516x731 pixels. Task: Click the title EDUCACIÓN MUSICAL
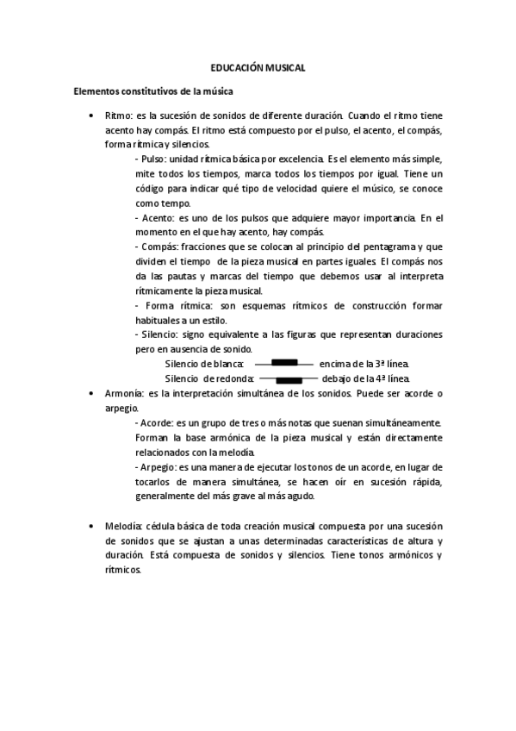pos(258,67)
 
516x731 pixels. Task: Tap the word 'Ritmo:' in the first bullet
pos(119,115)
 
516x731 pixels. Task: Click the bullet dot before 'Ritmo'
pos(91,115)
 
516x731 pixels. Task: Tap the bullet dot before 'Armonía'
pos(91,393)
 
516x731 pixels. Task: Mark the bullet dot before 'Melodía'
pos(91,526)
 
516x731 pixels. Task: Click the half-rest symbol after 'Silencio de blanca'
pos(284,362)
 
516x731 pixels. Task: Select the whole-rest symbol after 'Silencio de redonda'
pos(289,379)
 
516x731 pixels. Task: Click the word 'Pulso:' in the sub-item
pos(153,159)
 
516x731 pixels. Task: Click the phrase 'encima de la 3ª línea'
pos(364,364)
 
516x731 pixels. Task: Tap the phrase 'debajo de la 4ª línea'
pos(366,378)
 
